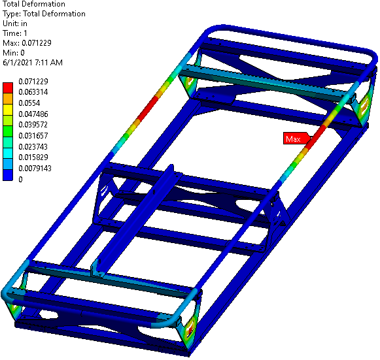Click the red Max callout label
(x=293, y=139)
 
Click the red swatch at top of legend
(x=9, y=87)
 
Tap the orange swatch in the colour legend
(x=9, y=97)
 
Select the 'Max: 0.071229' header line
(x=27, y=43)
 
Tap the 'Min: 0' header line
(x=14, y=53)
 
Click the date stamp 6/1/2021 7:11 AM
(x=33, y=63)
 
